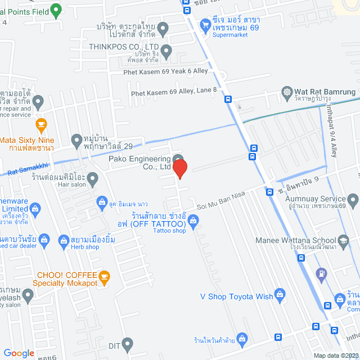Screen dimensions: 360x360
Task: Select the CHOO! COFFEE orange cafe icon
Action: (x=103, y=276)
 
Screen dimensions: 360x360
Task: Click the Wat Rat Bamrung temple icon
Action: (x=288, y=92)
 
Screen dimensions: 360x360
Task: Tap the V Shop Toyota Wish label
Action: (x=237, y=296)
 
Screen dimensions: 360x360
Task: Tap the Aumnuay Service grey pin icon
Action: (x=353, y=199)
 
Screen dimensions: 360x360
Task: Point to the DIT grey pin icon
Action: (x=128, y=343)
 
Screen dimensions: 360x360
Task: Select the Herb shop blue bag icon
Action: (x=63, y=240)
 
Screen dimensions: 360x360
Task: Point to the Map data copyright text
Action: (x=336, y=355)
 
